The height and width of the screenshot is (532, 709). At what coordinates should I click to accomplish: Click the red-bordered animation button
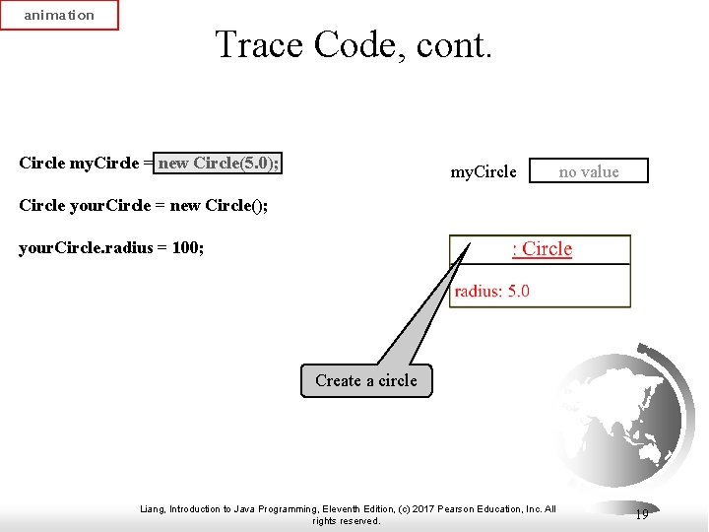point(59,15)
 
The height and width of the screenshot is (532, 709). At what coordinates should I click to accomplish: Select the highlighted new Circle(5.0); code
point(218,163)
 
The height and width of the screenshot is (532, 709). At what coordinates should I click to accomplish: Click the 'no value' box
point(589,171)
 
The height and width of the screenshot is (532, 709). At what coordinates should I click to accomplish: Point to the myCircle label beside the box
point(483,171)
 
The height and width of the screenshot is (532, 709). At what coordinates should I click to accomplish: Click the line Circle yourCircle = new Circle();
point(143,206)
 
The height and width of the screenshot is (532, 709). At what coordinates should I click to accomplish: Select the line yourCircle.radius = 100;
point(111,248)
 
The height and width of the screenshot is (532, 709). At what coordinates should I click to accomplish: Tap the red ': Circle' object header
point(542,249)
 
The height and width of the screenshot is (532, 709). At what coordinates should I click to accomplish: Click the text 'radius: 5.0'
point(491,291)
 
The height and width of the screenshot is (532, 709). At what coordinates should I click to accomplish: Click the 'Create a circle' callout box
point(366,380)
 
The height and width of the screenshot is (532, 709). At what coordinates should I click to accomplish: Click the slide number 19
point(641,514)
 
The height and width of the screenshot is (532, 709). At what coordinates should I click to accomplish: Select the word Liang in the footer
point(154,509)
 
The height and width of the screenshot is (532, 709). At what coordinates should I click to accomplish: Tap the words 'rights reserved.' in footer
point(346,521)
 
